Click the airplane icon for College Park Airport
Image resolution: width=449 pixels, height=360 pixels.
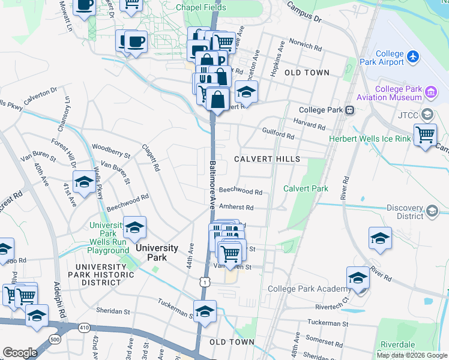(x=413, y=56)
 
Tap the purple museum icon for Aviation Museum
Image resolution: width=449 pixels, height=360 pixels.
(x=430, y=92)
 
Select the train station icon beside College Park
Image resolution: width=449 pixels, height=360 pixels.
(x=349, y=110)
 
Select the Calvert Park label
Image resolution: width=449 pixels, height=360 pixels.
(x=306, y=188)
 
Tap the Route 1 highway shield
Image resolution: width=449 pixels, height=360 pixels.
(x=206, y=281)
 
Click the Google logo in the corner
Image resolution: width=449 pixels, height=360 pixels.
(x=20, y=353)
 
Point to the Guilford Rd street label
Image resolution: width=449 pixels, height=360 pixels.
(x=277, y=133)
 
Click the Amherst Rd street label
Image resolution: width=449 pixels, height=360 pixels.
(x=236, y=207)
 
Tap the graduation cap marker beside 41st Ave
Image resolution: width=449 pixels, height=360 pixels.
(x=84, y=182)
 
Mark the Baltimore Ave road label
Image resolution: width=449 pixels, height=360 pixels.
(x=212, y=183)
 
